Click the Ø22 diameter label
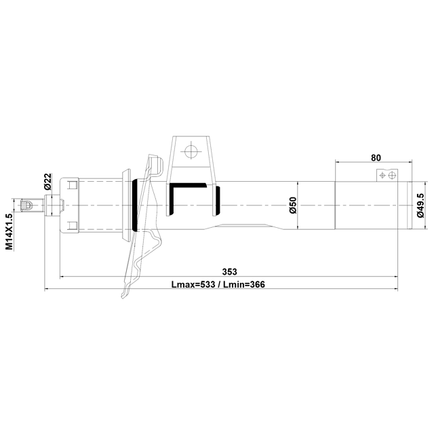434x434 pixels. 47,182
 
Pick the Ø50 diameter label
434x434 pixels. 293,205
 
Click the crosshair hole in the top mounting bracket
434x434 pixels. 192,150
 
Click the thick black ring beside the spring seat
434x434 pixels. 138,205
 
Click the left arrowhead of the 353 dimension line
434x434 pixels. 62,277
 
